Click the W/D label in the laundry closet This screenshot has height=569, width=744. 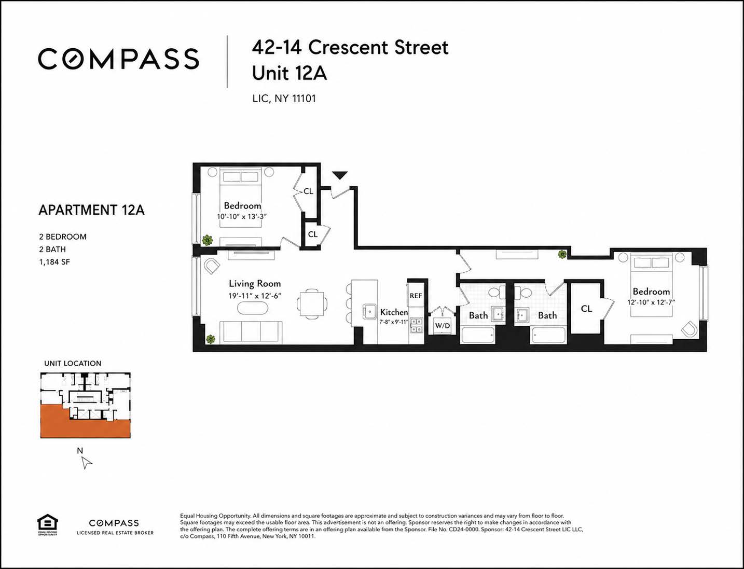[443, 326]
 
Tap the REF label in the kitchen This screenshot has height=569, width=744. [416, 296]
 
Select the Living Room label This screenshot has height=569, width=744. [255, 283]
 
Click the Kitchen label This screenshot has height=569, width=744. [394, 312]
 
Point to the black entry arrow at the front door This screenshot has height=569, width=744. [340, 175]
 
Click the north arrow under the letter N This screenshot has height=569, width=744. [87, 463]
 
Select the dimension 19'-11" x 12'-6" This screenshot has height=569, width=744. [255, 296]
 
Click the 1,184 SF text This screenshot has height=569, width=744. [54, 262]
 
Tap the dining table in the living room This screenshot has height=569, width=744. [312, 303]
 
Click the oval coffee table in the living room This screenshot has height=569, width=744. [253, 308]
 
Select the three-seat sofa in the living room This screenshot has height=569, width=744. [251, 332]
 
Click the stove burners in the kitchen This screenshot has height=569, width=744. [417, 325]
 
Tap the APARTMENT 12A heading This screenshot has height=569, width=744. [91, 210]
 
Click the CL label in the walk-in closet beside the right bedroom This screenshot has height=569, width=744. [586, 309]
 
